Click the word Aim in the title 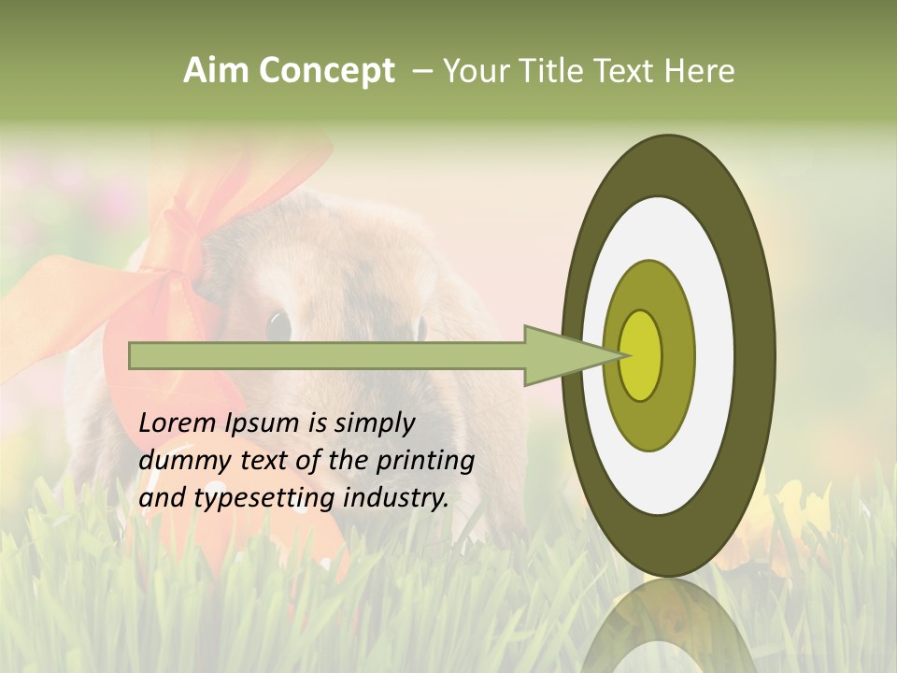click(216, 71)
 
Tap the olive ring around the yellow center click(676, 355)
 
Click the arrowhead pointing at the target click(570, 355)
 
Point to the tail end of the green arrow click(135, 355)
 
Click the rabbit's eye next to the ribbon click(278, 325)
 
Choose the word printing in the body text click(425, 461)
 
